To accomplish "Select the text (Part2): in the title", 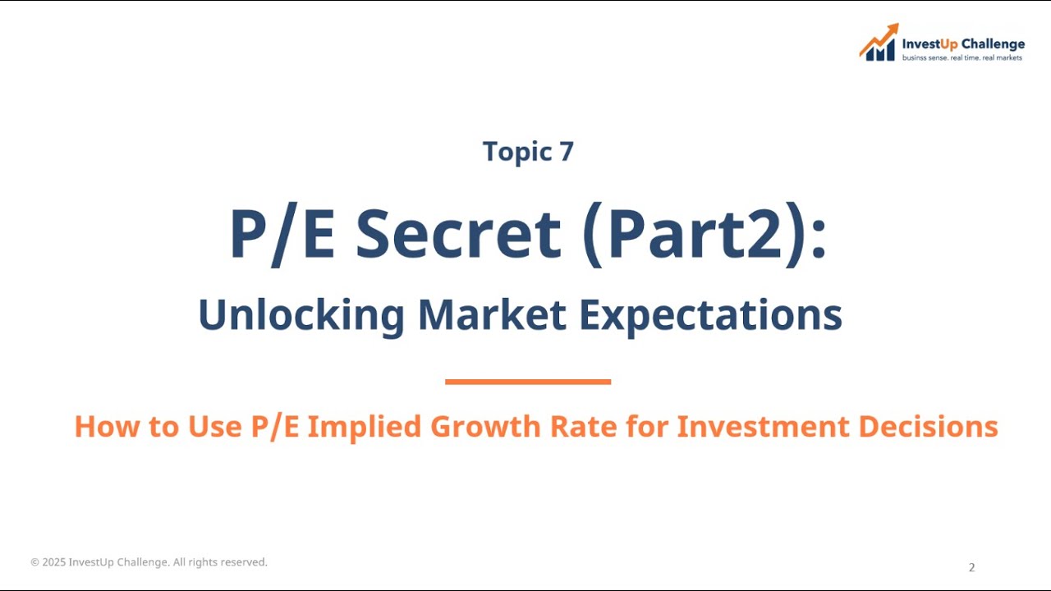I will (703, 236).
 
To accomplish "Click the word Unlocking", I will (301, 314).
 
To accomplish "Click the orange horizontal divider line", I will (528, 382).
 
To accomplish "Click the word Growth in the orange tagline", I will (484, 427).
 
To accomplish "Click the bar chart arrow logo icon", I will (879, 43).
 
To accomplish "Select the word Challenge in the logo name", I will (994, 44).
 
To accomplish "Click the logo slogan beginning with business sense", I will (962, 58).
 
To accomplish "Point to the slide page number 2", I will (972, 567).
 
